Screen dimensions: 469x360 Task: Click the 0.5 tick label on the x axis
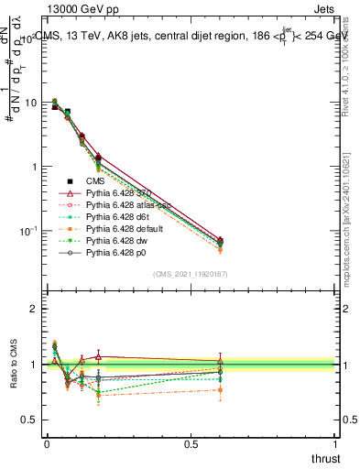[191, 443]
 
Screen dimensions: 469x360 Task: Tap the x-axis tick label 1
[336, 443]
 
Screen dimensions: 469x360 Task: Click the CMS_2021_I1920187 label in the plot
[191, 274]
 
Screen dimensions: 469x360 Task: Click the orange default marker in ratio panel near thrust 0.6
[220, 390]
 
